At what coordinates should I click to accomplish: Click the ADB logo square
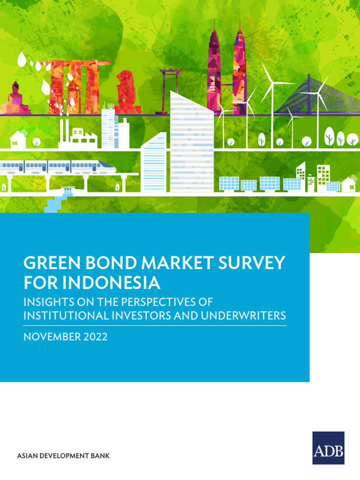tap(328, 448)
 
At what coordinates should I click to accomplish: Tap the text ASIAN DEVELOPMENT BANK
tap(63, 456)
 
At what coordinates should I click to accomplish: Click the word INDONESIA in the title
tap(112, 283)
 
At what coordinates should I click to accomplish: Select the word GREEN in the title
tap(52, 262)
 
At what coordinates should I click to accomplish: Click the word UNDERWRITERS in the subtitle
tap(243, 315)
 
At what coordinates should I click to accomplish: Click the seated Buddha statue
tap(15, 98)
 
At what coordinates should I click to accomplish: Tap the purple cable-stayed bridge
tap(317, 95)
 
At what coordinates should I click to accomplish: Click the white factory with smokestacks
tap(78, 134)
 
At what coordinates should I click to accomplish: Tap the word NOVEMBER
tap(52, 337)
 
